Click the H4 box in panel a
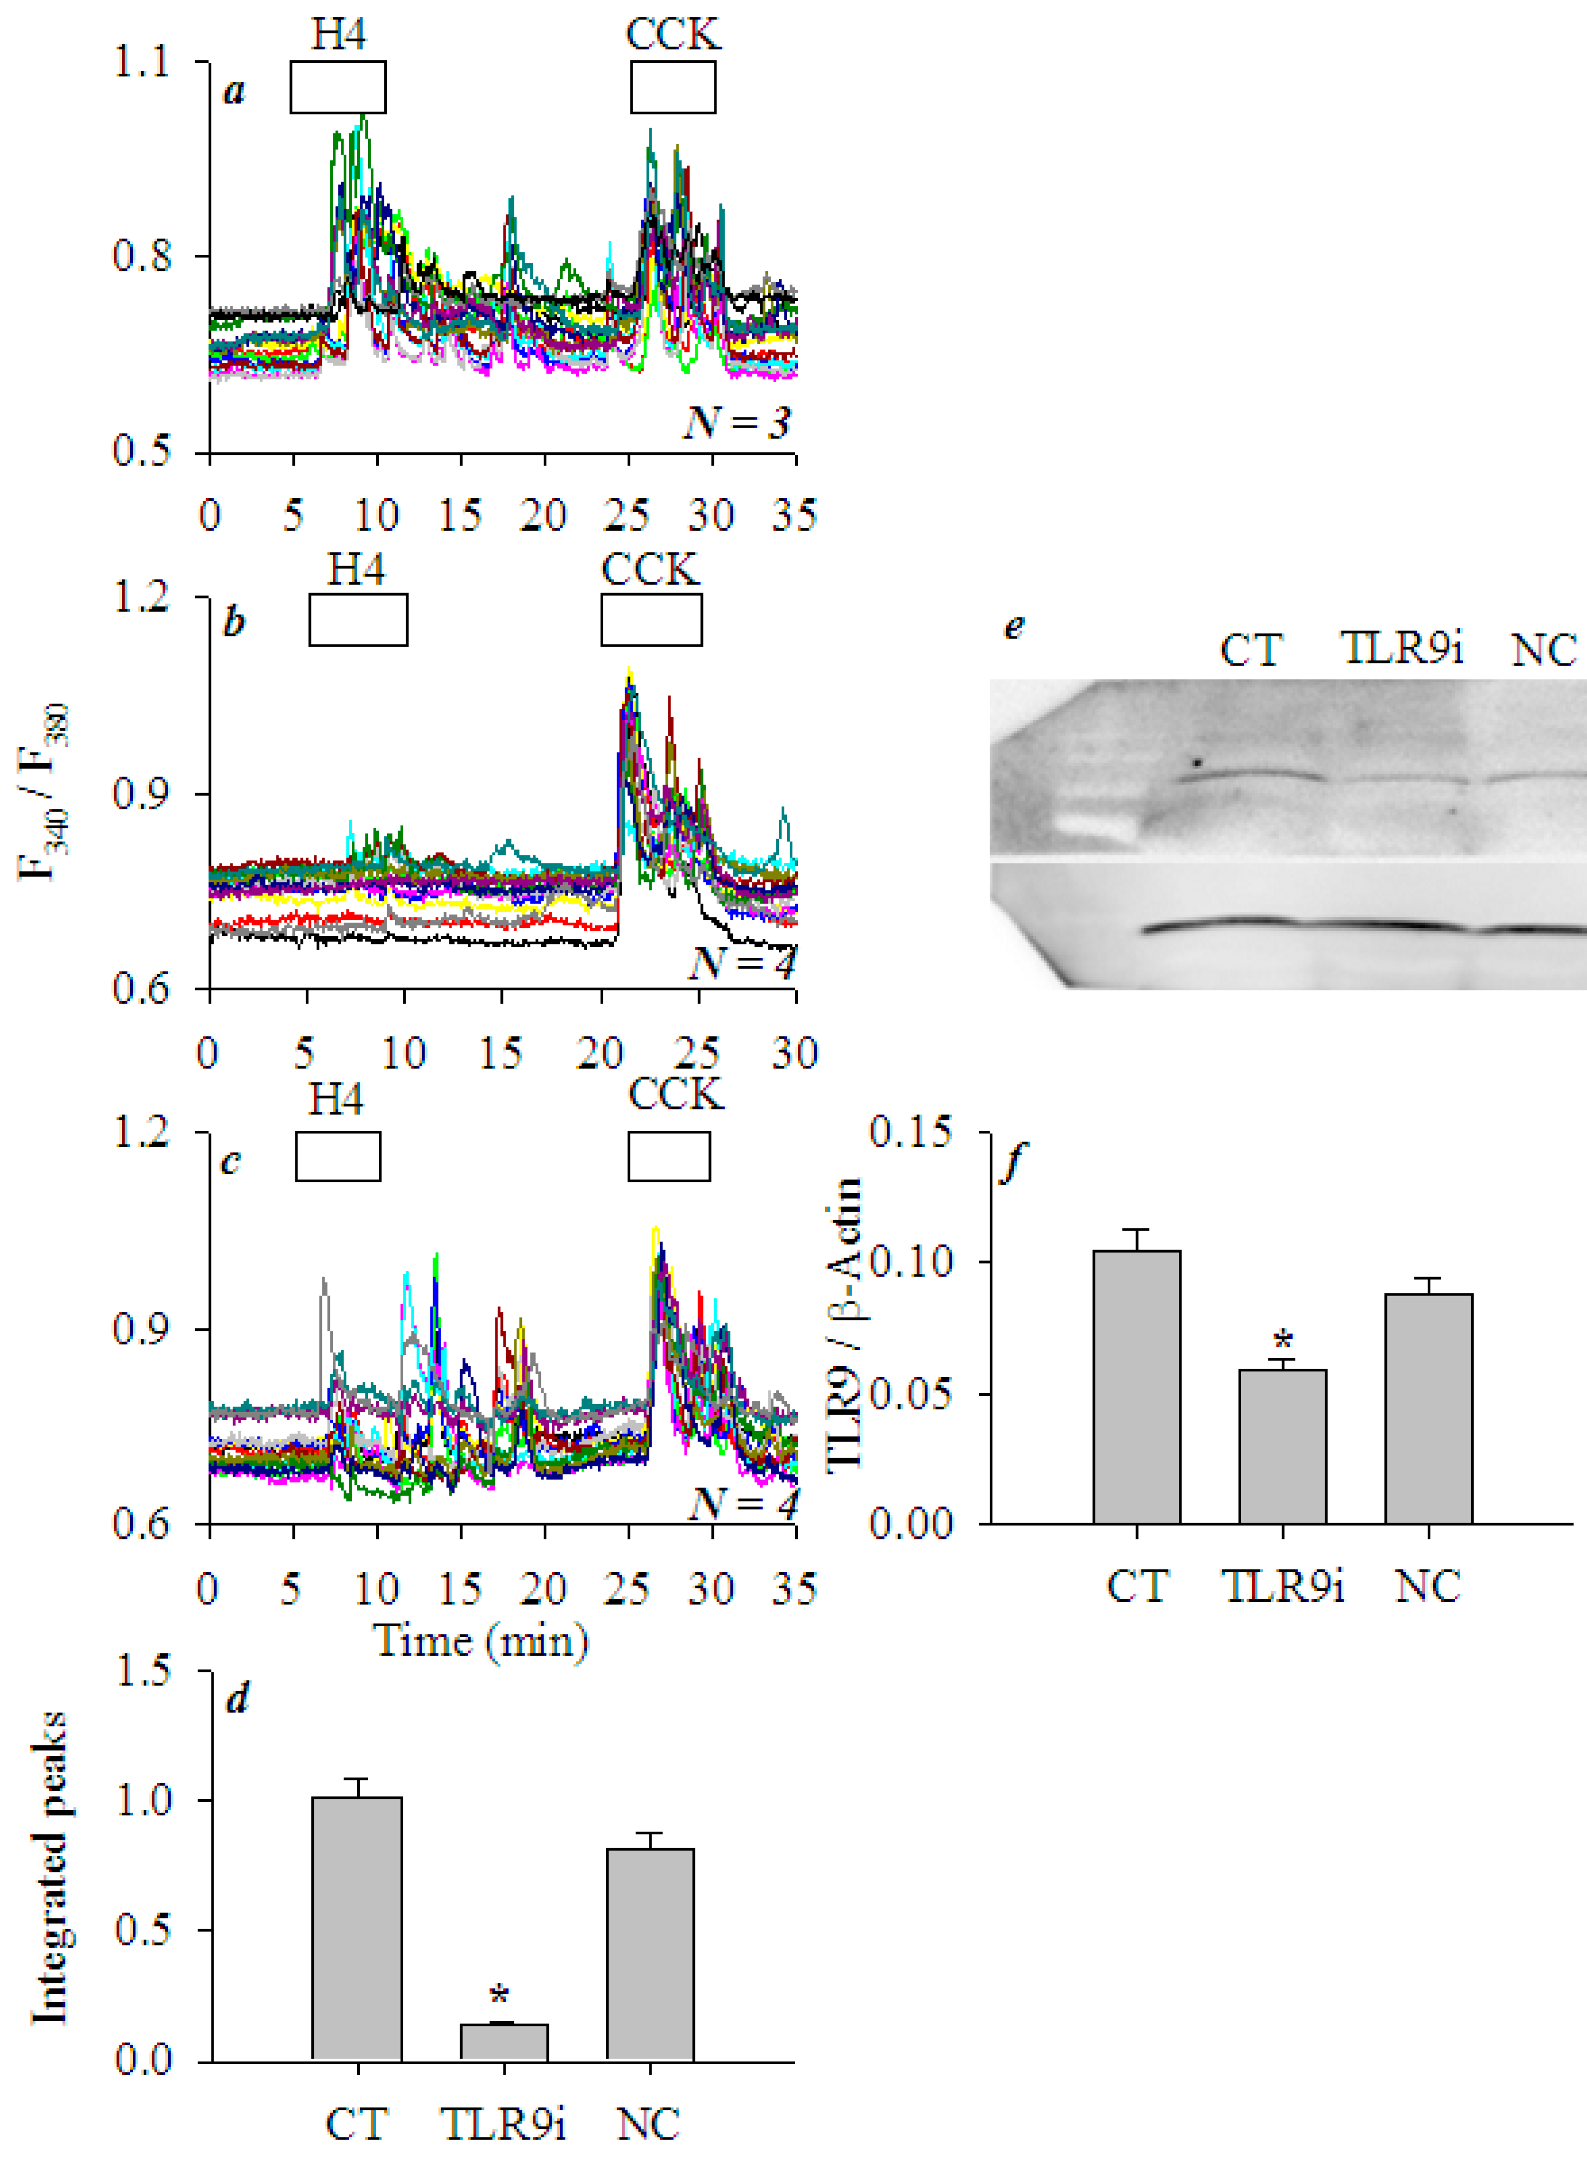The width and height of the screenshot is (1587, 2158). (338, 87)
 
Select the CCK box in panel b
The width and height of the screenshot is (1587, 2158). (651, 620)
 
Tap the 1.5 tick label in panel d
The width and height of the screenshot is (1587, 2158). (143, 1671)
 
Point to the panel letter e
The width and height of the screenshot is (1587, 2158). (1014, 627)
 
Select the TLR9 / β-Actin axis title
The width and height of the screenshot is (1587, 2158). (843, 1326)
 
